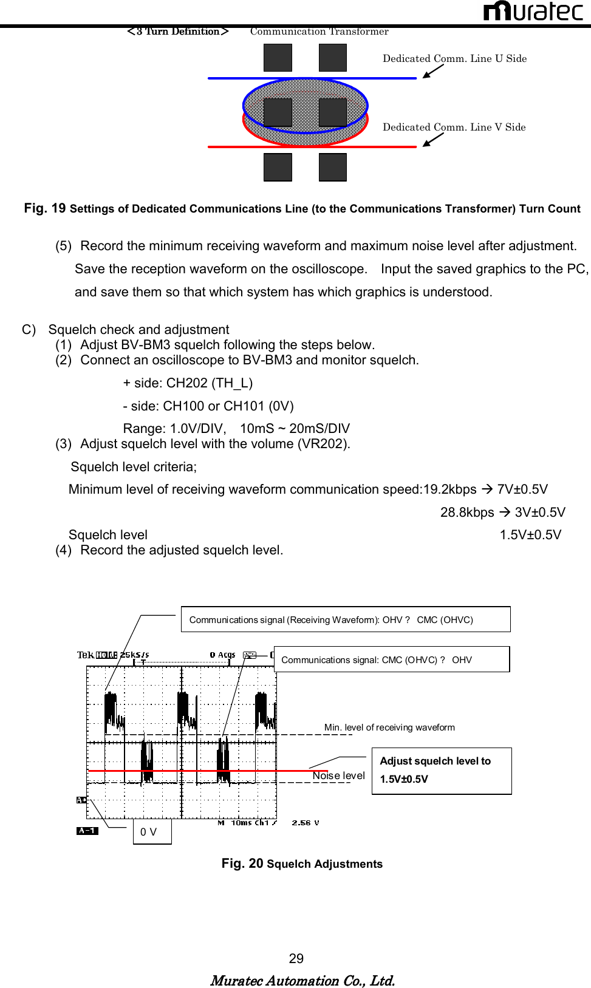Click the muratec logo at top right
tap(533, 11)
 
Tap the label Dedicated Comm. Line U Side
tap(454, 58)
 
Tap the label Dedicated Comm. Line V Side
tap(454, 127)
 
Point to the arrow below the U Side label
tap(433, 72)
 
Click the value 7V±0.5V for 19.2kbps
tap(522, 489)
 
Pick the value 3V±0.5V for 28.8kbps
tap(539, 513)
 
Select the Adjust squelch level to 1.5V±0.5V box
tap(441, 771)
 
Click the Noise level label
tap(338, 775)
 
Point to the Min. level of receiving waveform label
tap(389, 727)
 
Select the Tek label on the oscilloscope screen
tap(86, 655)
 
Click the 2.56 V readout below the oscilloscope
tap(305, 823)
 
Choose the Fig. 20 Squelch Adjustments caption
tap(302, 864)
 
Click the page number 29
tap(296, 958)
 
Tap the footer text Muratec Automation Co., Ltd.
tap(302, 981)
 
